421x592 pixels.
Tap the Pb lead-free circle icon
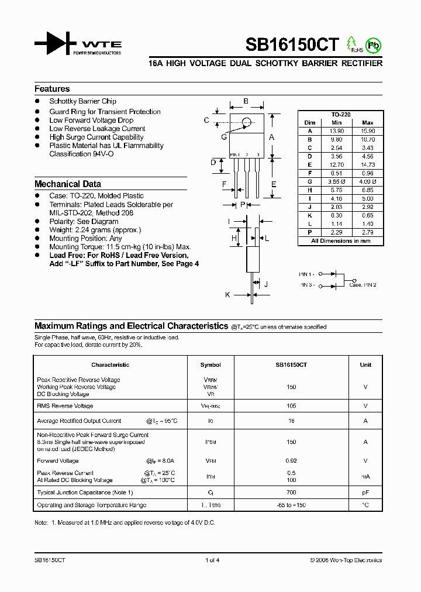pos(373,44)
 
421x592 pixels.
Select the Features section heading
pos(52,89)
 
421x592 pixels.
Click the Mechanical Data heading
pos(68,184)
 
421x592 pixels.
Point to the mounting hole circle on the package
pos(247,122)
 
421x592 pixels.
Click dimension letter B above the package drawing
pos(246,101)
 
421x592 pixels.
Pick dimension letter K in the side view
pos(227,295)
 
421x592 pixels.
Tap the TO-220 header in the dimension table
pos(340,115)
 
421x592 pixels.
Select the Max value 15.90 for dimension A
pos(367,131)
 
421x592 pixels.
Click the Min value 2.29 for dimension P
pos(336,232)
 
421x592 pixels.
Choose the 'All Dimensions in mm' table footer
pos(340,241)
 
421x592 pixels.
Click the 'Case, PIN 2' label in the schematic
pos(363,285)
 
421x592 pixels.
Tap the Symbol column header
pos(210,364)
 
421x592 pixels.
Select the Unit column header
pos(365,364)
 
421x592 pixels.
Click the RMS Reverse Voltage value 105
pos(291,405)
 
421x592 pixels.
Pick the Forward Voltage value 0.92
pos(291,461)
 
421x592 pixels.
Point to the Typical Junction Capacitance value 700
pos(291,493)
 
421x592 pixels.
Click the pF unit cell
pos(365,493)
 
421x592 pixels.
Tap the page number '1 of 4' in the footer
pos(212,560)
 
